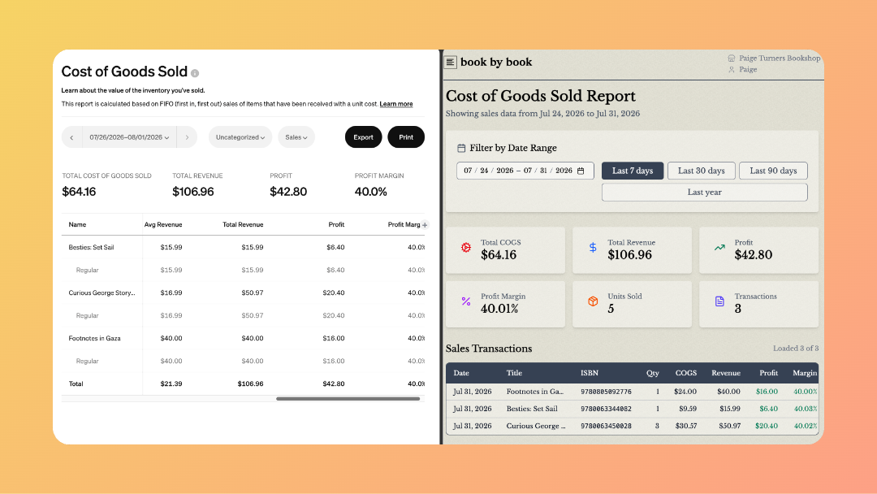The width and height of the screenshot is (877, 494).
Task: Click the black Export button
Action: (363, 137)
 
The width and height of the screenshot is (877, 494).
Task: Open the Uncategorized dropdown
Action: (240, 137)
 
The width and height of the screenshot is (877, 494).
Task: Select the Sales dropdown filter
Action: (296, 137)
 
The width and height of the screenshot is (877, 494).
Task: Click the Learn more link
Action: (396, 104)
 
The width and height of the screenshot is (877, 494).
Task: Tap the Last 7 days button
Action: (633, 171)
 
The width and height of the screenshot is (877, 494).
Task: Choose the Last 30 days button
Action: (702, 171)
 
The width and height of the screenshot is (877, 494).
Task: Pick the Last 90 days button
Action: (773, 171)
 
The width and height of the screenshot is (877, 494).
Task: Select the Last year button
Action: (704, 192)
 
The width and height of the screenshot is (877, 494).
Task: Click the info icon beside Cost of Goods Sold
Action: (195, 73)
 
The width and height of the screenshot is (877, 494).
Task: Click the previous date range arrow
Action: (71, 137)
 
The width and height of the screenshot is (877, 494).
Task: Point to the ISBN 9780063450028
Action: (606, 426)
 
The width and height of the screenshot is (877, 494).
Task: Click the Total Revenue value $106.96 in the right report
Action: (630, 255)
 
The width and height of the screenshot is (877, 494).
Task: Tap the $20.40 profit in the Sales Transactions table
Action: (767, 426)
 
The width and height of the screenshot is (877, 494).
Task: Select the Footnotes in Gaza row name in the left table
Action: (94, 339)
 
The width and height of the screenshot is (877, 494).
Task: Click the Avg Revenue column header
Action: (163, 225)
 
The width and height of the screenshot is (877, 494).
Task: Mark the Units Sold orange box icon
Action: (593, 301)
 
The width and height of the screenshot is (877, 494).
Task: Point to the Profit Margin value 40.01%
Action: (499, 309)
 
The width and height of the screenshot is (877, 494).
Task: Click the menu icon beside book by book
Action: (450, 62)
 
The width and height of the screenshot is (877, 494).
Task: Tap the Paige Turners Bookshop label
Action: (780, 58)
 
